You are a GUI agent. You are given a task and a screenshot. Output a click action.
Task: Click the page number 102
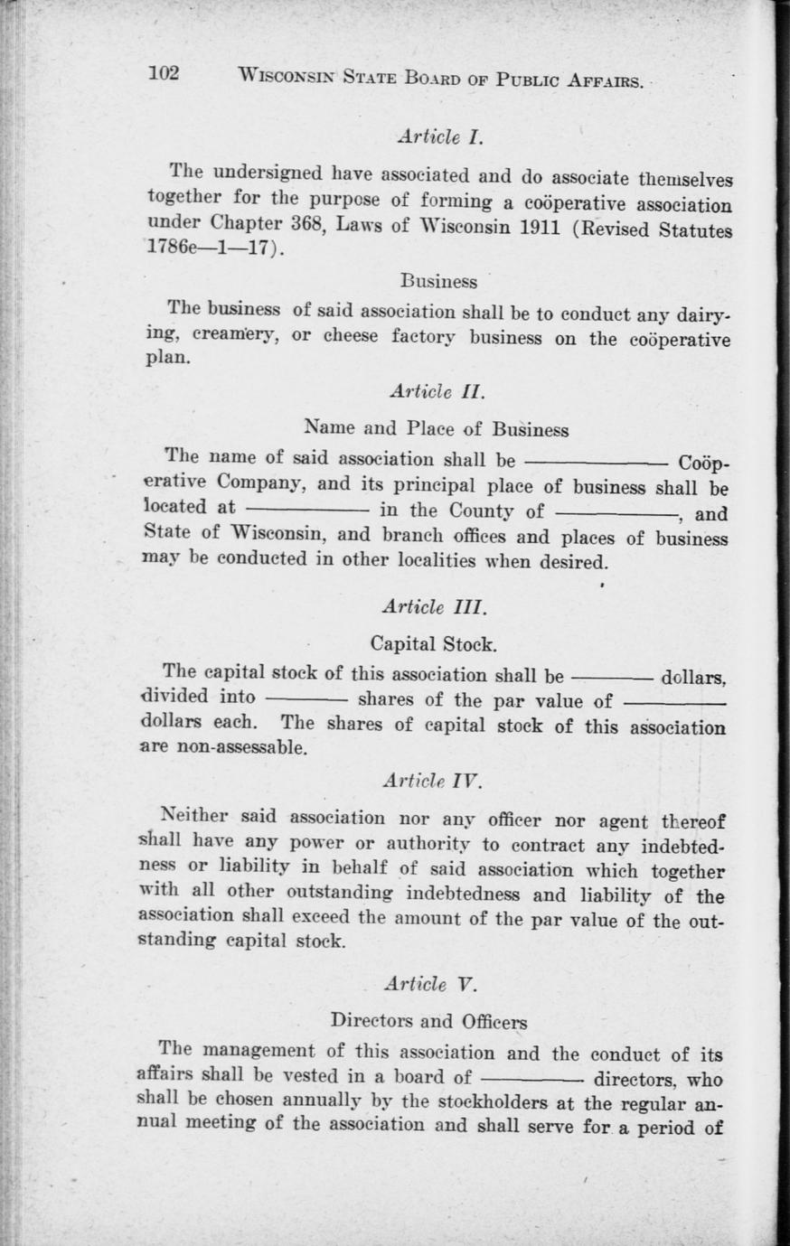click(x=166, y=74)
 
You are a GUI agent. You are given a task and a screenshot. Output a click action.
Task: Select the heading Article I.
click(x=441, y=138)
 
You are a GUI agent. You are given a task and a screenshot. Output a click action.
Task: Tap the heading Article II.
click(x=437, y=392)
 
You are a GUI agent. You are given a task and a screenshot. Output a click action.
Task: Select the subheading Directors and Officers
click(x=428, y=1021)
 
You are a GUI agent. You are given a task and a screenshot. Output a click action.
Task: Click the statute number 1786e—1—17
click(x=212, y=248)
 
